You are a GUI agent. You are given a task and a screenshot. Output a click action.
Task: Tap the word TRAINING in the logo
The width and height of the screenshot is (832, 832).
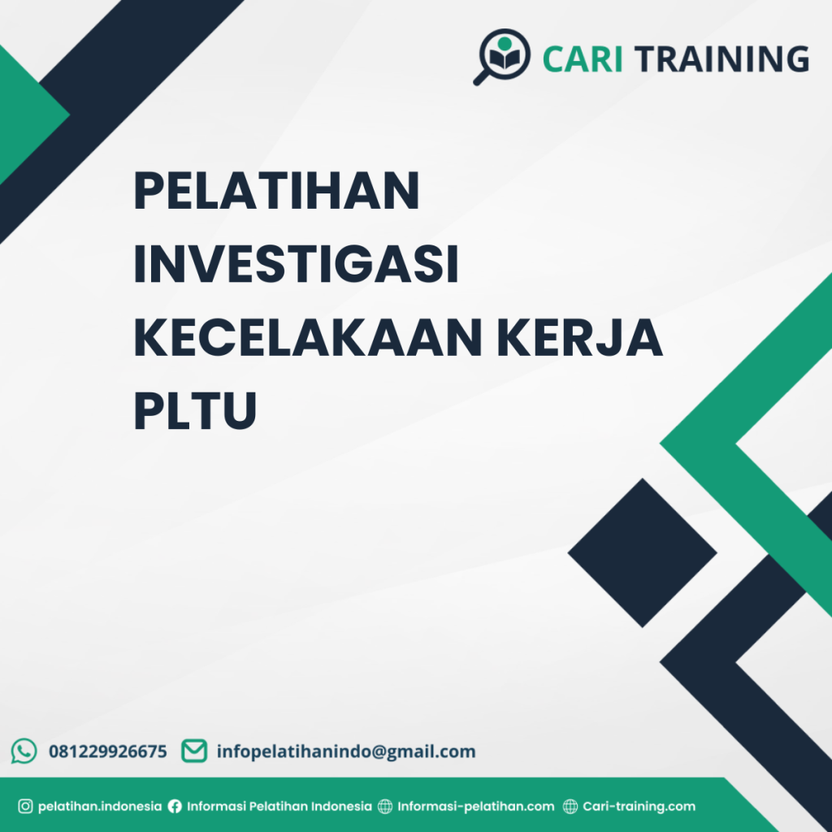pyautogui.click(x=721, y=59)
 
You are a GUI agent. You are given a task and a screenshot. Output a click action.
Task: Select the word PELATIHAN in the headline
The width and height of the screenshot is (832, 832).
pyautogui.click(x=276, y=193)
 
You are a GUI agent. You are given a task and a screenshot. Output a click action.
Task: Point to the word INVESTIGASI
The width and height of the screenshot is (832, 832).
pyautogui.click(x=296, y=266)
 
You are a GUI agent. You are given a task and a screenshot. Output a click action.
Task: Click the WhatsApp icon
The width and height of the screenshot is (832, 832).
pyautogui.click(x=24, y=751)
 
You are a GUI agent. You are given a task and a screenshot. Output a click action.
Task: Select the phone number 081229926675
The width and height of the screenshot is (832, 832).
pyautogui.click(x=108, y=752)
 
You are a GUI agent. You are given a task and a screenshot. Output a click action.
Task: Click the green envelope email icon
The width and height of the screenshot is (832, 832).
pyautogui.click(x=193, y=751)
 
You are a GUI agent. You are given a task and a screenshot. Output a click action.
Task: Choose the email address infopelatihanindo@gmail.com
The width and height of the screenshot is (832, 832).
pyautogui.click(x=345, y=752)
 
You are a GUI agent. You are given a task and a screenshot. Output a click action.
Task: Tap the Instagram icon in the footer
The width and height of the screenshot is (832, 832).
pyautogui.click(x=25, y=807)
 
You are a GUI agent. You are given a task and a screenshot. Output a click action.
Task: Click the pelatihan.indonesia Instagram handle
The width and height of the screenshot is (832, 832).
pyautogui.click(x=99, y=807)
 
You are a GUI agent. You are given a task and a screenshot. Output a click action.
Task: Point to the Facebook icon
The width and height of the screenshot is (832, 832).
pyautogui.click(x=175, y=807)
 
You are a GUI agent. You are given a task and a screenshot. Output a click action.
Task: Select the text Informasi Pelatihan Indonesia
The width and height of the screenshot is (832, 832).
pyautogui.click(x=279, y=807)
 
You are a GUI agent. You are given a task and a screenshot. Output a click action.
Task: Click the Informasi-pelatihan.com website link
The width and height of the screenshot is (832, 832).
pyautogui.click(x=475, y=807)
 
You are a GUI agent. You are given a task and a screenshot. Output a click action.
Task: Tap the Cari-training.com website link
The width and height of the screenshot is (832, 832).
pyautogui.click(x=639, y=807)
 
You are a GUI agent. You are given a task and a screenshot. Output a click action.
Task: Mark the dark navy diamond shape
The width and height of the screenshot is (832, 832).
pyautogui.click(x=642, y=552)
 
